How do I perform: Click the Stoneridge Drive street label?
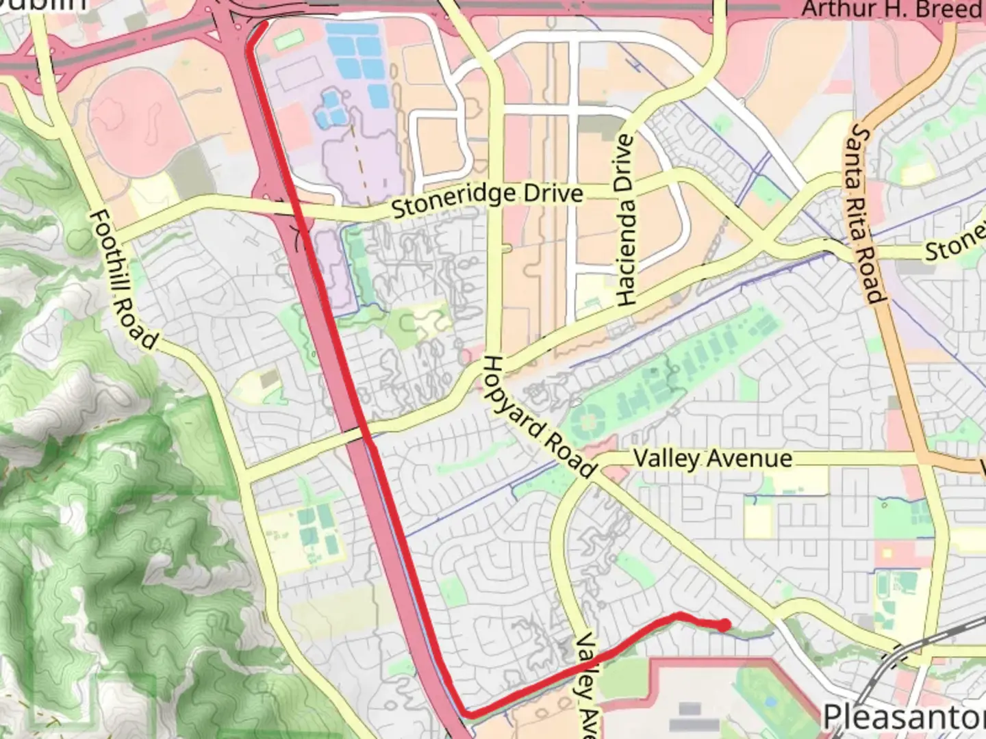[x=487, y=198]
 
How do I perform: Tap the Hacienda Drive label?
[x=625, y=220]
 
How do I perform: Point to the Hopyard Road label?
[x=538, y=417]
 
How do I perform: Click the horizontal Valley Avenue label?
[x=712, y=458]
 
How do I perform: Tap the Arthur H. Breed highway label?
[x=892, y=10]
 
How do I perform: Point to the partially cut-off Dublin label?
[x=44, y=5]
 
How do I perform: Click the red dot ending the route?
[x=724, y=624]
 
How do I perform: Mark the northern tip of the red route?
[x=264, y=24]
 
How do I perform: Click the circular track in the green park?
[x=588, y=417]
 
